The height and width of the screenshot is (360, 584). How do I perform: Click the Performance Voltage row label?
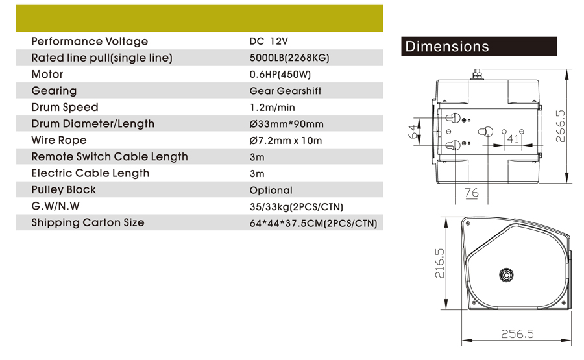tap(90, 42)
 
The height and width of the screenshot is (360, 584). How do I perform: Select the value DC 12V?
tap(269, 42)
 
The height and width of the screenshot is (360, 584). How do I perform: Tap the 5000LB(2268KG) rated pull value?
tap(289, 58)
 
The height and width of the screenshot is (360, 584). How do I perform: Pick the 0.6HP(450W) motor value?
tap(280, 75)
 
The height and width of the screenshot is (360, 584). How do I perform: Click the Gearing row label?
tap(54, 91)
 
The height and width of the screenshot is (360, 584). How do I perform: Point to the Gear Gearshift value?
tap(286, 91)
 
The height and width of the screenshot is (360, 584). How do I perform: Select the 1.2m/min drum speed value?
tap(273, 107)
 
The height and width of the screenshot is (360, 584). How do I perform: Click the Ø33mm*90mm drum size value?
tap(286, 124)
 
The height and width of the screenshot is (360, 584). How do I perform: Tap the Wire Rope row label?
tap(59, 140)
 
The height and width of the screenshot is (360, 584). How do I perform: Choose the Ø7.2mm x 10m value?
tap(286, 140)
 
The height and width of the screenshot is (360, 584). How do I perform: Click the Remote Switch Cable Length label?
tap(110, 157)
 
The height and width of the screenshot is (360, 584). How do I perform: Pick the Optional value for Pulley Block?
tap(271, 190)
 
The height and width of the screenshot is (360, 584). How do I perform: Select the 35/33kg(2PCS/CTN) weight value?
tap(297, 207)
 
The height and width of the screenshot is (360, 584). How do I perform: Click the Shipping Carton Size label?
tap(88, 222)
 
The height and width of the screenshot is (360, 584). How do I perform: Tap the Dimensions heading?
tap(447, 47)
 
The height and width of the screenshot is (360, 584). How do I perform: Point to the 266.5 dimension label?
tap(560, 126)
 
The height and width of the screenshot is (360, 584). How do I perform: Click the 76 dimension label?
tap(472, 193)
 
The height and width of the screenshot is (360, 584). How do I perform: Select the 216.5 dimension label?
tap(439, 263)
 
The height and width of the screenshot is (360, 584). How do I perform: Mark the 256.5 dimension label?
tap(517, 333)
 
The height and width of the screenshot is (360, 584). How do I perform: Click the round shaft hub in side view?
tap(506, 275)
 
